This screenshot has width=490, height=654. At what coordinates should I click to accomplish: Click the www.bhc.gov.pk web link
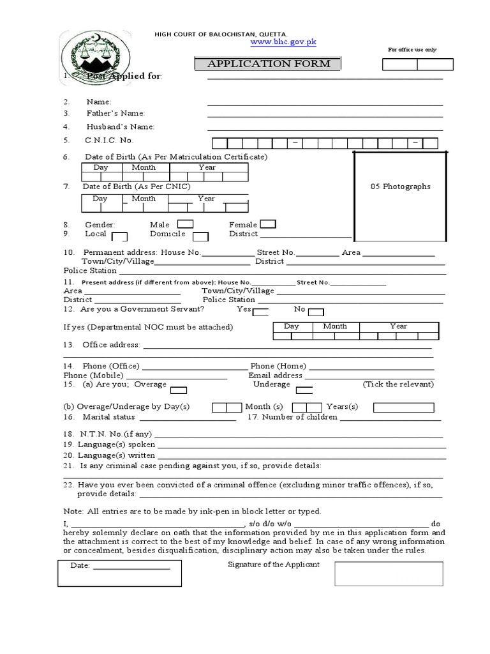coord(275,42)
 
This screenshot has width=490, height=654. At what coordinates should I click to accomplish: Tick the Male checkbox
coord(185,224)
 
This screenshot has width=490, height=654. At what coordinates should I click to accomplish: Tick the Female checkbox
coord(268,224)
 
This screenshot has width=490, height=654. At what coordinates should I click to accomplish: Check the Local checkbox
coord(119,236)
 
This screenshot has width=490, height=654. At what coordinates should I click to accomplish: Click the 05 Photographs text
coord(401,186)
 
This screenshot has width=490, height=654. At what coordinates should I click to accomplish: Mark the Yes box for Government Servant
coord(260,312)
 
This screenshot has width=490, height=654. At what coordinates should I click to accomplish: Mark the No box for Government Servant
coord(316,312)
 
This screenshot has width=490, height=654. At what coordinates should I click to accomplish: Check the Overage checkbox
coord(179,390)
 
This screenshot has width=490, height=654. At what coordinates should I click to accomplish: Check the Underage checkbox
coord(304,390)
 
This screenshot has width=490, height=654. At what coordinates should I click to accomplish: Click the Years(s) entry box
coord(403,407)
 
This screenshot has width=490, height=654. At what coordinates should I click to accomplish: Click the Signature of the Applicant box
coord(389,574)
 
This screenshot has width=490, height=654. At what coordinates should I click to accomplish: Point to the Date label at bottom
coord(80,566)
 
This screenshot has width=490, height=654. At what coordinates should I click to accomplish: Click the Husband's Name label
coord(121,126)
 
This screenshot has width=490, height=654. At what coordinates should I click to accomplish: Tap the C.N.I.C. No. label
coord(109,141)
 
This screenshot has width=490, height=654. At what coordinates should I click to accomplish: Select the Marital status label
coord(108,417)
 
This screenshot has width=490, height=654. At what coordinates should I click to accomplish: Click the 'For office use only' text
coord(412,50)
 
